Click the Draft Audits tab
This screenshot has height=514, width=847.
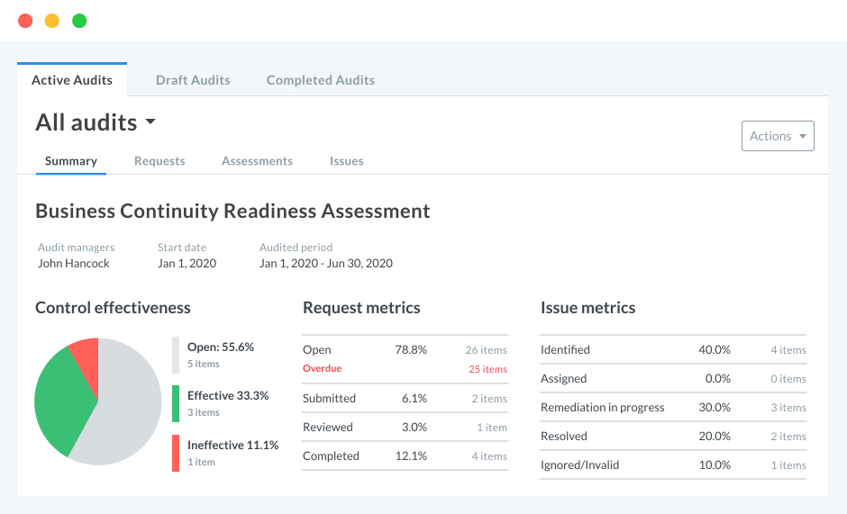(193, 80)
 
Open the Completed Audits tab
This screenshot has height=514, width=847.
(320, 80)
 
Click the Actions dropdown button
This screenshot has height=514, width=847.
(777, 136)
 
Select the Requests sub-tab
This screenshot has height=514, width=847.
(159, 161)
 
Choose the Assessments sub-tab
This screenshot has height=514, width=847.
(257, 161)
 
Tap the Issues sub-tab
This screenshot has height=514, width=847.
(346, 161)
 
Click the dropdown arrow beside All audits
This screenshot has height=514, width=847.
(150, 122)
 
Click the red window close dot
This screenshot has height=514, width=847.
(25, 21)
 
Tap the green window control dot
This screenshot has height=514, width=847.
(79, 21)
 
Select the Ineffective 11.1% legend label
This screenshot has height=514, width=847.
(232, 445)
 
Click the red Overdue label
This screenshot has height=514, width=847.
(322, 369)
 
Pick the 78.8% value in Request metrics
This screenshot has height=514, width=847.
(411, 349)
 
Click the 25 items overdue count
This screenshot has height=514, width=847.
(487, 369)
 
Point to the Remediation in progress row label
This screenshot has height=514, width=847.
(602, 407)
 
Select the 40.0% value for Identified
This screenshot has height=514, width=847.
(715, 349)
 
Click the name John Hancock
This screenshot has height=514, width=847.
(74, 264)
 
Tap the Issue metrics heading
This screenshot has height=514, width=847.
(587, 308)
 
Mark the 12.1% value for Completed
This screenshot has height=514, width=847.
(411, 455)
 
